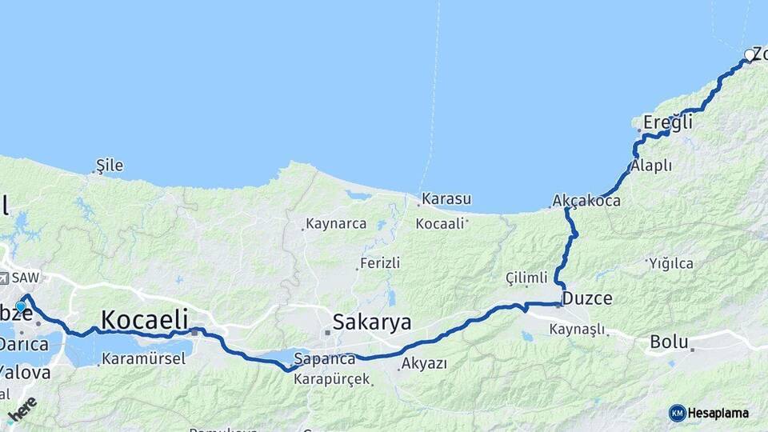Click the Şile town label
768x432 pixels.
tap(110, 166)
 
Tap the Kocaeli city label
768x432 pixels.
tap(144, 318)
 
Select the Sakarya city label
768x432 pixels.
tap(371, 322)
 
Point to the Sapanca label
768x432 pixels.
tap(325, 358)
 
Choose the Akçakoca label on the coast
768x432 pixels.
tap(586, 201)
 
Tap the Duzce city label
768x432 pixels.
tap(587, 298)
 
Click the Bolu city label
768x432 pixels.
tap(669, 342)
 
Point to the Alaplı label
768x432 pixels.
tap(650, 166)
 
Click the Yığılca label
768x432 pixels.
tap(671, 263)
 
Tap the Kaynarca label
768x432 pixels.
tap(336, 225)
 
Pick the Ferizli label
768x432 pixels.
tap(380, 262)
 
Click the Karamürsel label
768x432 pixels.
tap(144, 359)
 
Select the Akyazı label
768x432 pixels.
tap(424, 363)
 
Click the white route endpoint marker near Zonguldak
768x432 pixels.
tap(750, 55)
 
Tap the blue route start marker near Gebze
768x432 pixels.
tap(21, 306)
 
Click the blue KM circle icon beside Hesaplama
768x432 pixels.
tap(677, 413)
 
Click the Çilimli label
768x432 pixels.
tap(526, 278)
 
